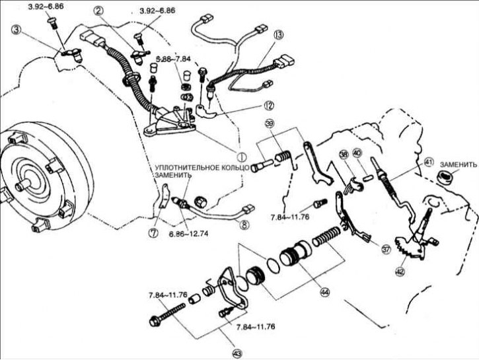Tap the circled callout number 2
pyautogui.click(x=99, y=11)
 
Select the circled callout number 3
pyautogui.click(x=16, y=29)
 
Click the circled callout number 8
pyautogui.click(x=246, y=225)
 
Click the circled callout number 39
pyautogui.click(x=270, y=126)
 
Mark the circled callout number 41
pyautogui.click(x=428, y=162)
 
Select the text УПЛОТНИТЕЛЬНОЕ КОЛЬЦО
pyautogui.click(x=202, y=168)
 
